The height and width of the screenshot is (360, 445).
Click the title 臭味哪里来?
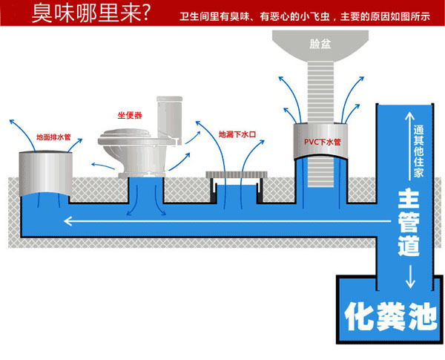tap(90, 13)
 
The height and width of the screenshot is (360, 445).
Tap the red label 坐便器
tap(130, 115)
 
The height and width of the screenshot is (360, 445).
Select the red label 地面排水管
tap(53, 137)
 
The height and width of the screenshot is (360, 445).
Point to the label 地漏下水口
tap(237, 134)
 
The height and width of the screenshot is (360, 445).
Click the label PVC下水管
tap(323, 142)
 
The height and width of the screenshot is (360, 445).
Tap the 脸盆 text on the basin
tap(320, 44)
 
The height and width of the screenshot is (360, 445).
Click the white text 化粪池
tap(391, 316)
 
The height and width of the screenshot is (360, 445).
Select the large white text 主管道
tap(409, 223)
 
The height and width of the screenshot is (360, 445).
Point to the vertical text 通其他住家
tap(418, 151)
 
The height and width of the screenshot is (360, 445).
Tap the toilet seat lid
tap(126, 133)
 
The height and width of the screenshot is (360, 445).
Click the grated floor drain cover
tap(237, 174)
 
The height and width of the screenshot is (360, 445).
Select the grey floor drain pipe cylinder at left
tap(45, 174)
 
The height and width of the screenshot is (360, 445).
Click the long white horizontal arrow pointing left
tap(228, 220)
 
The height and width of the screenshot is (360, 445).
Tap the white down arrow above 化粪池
tap(410, 277)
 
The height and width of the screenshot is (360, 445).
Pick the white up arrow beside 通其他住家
tap(410, 145)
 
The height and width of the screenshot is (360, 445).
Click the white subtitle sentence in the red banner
tap(305, 16)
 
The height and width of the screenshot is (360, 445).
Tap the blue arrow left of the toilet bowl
tap(103, 166)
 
